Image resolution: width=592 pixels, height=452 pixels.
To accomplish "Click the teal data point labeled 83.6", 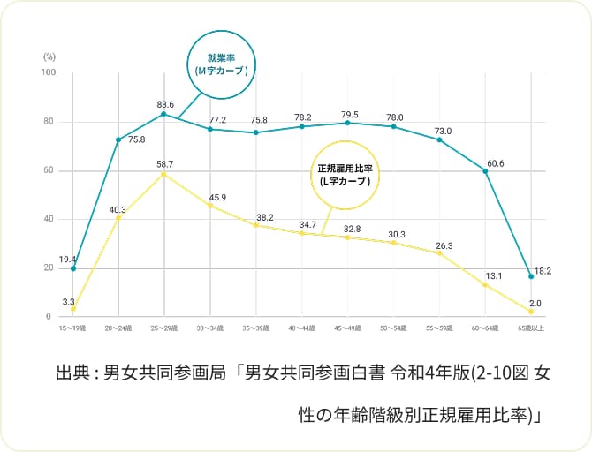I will (163, 114).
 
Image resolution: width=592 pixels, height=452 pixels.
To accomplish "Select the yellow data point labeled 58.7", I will (163, 174).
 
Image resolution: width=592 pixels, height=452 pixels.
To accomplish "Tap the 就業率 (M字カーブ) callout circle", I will (220, 64).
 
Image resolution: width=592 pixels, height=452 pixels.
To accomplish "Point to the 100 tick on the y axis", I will (48, 72).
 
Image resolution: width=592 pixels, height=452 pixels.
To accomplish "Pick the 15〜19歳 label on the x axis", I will (72, 328).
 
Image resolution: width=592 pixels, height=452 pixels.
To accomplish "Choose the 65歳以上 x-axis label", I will (531, 328).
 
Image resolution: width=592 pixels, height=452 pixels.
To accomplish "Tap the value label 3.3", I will (68, 302).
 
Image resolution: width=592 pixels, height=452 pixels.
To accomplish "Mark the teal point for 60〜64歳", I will (485, 170).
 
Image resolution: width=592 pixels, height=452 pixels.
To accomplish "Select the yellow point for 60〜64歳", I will (485, 285).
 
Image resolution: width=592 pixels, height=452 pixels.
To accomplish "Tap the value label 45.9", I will (217, 197).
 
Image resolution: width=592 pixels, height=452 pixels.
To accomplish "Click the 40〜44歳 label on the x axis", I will (301, 328).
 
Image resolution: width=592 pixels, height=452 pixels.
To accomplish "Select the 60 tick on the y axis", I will (49, 170).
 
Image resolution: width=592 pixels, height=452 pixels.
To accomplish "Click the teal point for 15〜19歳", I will (72, 268).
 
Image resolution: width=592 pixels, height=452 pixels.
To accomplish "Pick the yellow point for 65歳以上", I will (531, 312).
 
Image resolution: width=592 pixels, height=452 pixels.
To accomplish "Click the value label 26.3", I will (444, 245).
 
